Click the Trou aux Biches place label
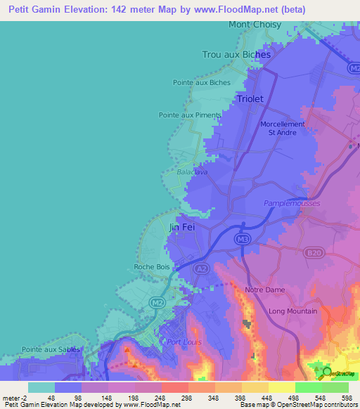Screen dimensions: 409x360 (x=236, y=54)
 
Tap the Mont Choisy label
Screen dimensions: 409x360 (x=255, y=25)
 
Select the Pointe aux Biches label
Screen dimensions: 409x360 (x=201, y=82)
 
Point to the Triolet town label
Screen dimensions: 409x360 (x=250, y=99)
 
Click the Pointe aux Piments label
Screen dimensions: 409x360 (x=190, y=115)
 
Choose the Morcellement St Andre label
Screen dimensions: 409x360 (x=283, y=129)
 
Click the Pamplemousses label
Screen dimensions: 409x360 (x=292, y=204)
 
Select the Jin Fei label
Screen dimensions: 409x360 (x=181, y=228)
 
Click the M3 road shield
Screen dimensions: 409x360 (x=243, y=240)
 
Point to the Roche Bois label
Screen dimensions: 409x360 (x=153, y=267)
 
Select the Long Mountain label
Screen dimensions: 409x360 (x=293, y=311)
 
